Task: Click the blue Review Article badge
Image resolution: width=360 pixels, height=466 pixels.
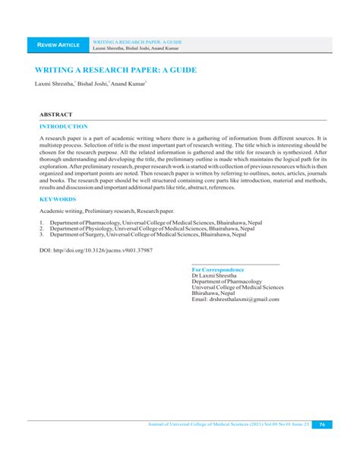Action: (58, 46)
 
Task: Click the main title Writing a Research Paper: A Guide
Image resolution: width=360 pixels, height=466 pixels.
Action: (115, 70)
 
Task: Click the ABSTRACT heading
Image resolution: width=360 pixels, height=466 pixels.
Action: (55, 114)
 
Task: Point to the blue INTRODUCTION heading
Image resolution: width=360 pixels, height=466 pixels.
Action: (64, 126)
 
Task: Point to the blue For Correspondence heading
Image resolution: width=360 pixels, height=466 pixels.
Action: (218, 270)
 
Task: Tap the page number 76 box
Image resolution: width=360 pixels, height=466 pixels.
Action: (322, 424)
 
